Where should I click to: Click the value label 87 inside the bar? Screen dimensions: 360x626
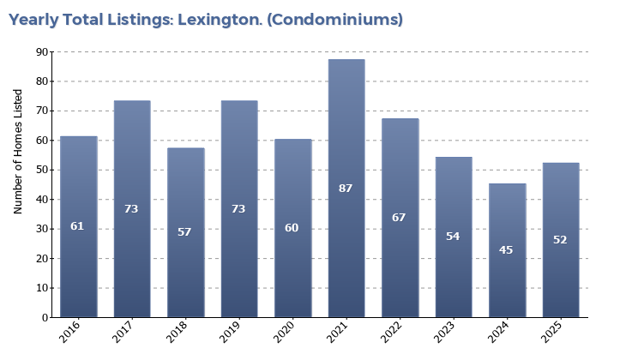[x=346, y=188]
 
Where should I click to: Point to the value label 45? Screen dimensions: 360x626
[x=506, y=250]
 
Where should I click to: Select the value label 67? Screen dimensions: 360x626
[x=399, y=218]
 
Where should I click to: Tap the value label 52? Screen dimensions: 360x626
[x=560, y=240]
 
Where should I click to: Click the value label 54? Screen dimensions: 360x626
[x=453, y=237]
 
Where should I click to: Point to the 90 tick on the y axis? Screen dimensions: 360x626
[x=42, y=52]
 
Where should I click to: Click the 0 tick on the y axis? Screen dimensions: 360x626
[x=45, y=318]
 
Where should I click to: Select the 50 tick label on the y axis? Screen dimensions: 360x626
[x=42, y=171]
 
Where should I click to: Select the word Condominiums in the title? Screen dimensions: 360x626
[x=334, y=20]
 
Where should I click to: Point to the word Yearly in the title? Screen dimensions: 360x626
[x=32, y=20]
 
